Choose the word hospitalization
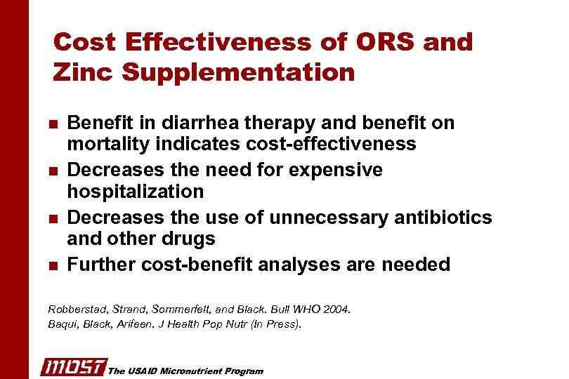tap(136, 192)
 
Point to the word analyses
tap(299, 265)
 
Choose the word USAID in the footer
tap(143, 371)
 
